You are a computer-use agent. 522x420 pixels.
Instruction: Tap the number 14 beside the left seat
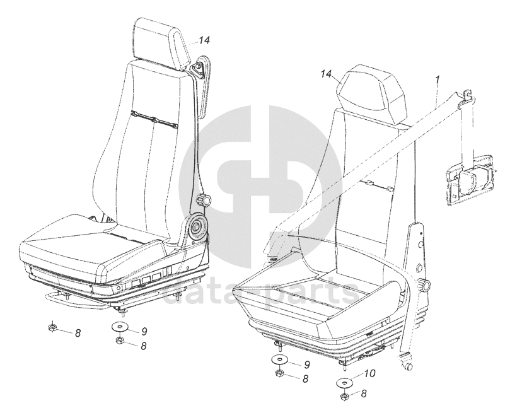pos(203,40)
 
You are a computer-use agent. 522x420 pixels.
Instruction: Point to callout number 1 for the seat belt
pos(437,80)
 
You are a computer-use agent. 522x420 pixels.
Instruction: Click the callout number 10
pos(369,374)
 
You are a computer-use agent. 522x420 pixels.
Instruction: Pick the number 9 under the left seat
pos(144,330)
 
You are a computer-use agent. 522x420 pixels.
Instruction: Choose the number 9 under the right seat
pos(306,364)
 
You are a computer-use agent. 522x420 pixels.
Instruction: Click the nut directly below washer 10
pos(345,397)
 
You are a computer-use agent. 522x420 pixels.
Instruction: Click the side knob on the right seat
pos(427,286)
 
